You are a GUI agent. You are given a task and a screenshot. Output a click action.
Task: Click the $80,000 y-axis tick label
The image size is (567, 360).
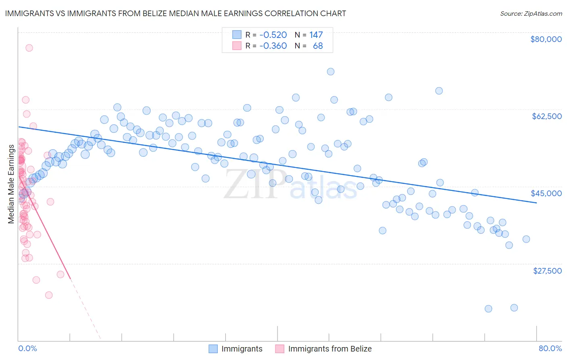click(546, 39)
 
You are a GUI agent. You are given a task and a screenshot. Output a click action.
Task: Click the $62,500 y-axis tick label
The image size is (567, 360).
click(547, 116)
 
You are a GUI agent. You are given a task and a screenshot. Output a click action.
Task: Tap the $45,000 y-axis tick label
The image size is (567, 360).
click(546, 193)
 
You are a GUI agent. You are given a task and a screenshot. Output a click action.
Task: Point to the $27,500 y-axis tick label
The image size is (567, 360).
click(547, 270)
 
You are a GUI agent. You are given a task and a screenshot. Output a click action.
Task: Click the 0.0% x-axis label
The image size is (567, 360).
click(27, 348)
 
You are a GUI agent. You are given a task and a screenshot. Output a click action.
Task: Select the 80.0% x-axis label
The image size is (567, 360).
click(550, 348)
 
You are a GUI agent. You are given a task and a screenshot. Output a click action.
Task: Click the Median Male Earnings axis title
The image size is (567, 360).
click(11, 184)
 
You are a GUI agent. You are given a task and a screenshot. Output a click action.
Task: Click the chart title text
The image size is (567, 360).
click(175, 13)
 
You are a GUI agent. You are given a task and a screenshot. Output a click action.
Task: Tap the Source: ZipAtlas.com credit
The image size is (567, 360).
click(531, 13)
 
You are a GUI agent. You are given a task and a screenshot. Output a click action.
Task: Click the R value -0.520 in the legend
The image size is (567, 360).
click(273, 35)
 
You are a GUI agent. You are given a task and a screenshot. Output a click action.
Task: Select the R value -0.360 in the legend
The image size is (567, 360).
click(273, 46)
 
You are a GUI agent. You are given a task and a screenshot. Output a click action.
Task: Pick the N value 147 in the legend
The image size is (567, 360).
click(316, 35)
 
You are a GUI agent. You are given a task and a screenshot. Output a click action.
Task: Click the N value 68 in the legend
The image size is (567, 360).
click(318, 46)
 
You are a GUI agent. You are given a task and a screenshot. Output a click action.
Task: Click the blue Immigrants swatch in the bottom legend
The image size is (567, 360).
click(213, 349)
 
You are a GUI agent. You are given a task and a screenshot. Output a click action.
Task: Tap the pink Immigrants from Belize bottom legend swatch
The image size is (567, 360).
click(279, 349)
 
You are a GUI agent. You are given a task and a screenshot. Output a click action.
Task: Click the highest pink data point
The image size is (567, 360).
click(29, 48)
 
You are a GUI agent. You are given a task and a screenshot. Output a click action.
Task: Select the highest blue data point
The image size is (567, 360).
click(331, 71)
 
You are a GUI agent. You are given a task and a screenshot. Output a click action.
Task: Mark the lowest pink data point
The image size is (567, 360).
click(49, 295)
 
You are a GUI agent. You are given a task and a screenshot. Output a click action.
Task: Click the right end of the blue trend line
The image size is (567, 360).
click(536, 203)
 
